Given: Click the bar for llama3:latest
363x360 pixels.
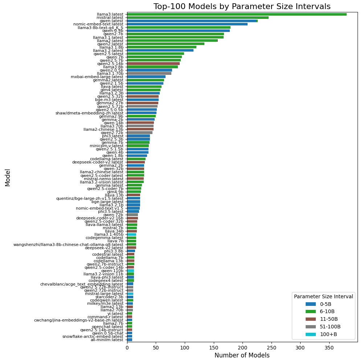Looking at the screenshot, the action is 237,15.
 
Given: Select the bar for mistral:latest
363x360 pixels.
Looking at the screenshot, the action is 198,17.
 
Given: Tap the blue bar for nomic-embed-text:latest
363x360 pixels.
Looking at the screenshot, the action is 187,24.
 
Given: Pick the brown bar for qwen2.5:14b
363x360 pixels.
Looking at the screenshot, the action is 154,64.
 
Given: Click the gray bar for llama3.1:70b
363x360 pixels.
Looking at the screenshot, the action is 149,73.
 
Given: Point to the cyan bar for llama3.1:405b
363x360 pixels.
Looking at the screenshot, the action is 132,234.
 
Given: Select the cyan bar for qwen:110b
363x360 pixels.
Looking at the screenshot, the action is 131,271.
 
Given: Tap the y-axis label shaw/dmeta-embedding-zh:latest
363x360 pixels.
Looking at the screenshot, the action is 89,113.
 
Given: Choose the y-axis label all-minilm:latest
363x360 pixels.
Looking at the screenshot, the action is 107,340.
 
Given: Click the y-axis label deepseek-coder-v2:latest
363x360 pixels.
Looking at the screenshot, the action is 98,162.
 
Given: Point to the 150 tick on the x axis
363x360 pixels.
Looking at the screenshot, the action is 214,348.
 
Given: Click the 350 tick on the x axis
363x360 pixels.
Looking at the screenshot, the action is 329,348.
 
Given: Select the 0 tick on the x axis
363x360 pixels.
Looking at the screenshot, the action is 127,348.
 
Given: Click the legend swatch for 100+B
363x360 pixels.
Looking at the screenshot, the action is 311,334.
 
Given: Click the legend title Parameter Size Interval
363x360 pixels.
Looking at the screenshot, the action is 323,296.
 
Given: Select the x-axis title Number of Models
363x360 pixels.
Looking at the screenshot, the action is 242,355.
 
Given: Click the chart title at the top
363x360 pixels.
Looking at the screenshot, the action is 242,6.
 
